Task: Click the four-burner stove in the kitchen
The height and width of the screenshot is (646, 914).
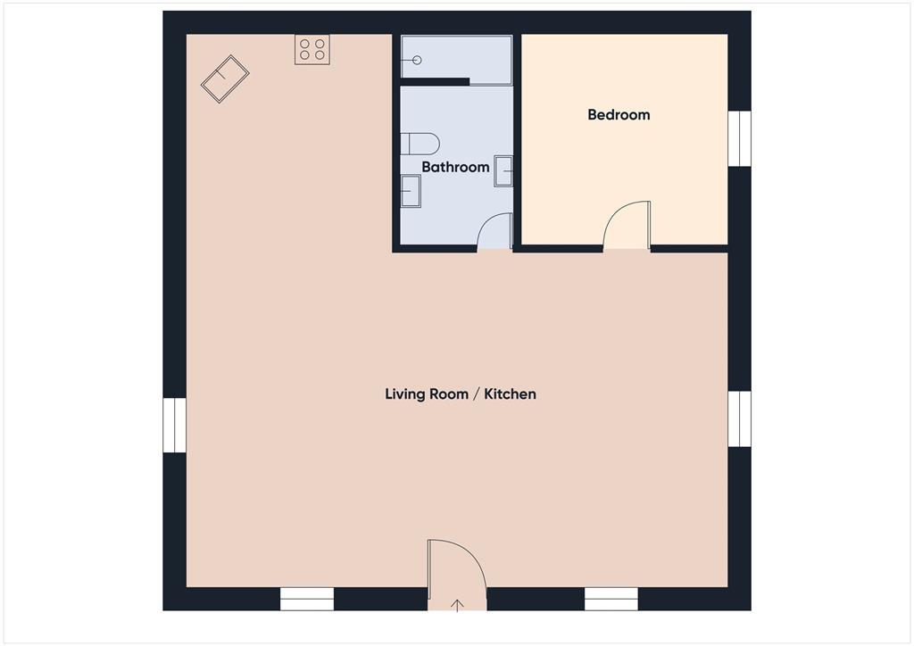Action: [x=312, y=49]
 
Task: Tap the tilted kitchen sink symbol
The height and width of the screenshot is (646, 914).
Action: [x=225, y=79]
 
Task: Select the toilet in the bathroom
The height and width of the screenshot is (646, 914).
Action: [x=420, y=143]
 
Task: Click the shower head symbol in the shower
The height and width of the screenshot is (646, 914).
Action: [x=415, y=61]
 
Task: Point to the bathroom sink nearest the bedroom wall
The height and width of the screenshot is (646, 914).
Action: [x=504, y=170]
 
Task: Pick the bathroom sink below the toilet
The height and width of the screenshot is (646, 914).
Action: [x=411, y=191]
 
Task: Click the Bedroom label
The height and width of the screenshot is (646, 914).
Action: [x=619, y=114]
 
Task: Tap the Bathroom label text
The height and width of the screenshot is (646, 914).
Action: [x=455, y=167]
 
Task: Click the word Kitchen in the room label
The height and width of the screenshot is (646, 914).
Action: [x=511, y=393]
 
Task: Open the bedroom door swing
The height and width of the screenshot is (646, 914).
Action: [x=627, y=226]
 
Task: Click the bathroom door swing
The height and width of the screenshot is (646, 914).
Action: [x=494, y=233]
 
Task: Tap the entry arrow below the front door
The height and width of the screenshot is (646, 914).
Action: [x=457, y=606]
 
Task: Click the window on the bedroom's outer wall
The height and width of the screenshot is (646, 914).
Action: [x=739, y=138]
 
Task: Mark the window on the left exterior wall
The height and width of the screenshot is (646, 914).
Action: [x=175, y=425]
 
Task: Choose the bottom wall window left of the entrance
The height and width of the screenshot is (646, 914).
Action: [x=307, y=599]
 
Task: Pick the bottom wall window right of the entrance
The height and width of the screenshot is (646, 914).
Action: [x=611, y=599]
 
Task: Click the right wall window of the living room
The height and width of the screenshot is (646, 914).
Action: [x=739, y=418]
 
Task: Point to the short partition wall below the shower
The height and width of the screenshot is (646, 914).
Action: [x=435, y=82]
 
